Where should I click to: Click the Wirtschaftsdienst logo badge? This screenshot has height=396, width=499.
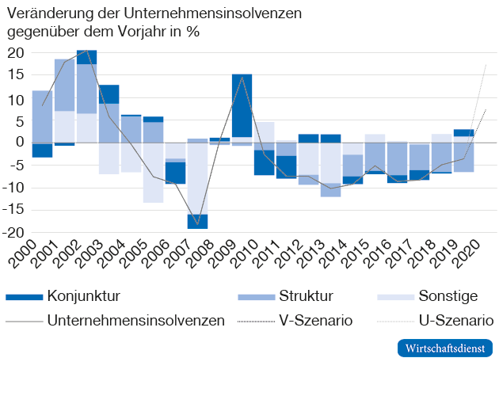444,348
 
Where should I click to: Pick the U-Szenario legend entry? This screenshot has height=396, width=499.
455,321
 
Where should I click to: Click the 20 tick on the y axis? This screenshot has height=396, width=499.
16,53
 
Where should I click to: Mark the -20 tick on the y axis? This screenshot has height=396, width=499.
13,233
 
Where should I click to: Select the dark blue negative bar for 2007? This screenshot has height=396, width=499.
197,221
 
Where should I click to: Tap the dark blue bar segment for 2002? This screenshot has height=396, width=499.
86,56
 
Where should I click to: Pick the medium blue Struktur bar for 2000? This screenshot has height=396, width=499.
42,116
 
